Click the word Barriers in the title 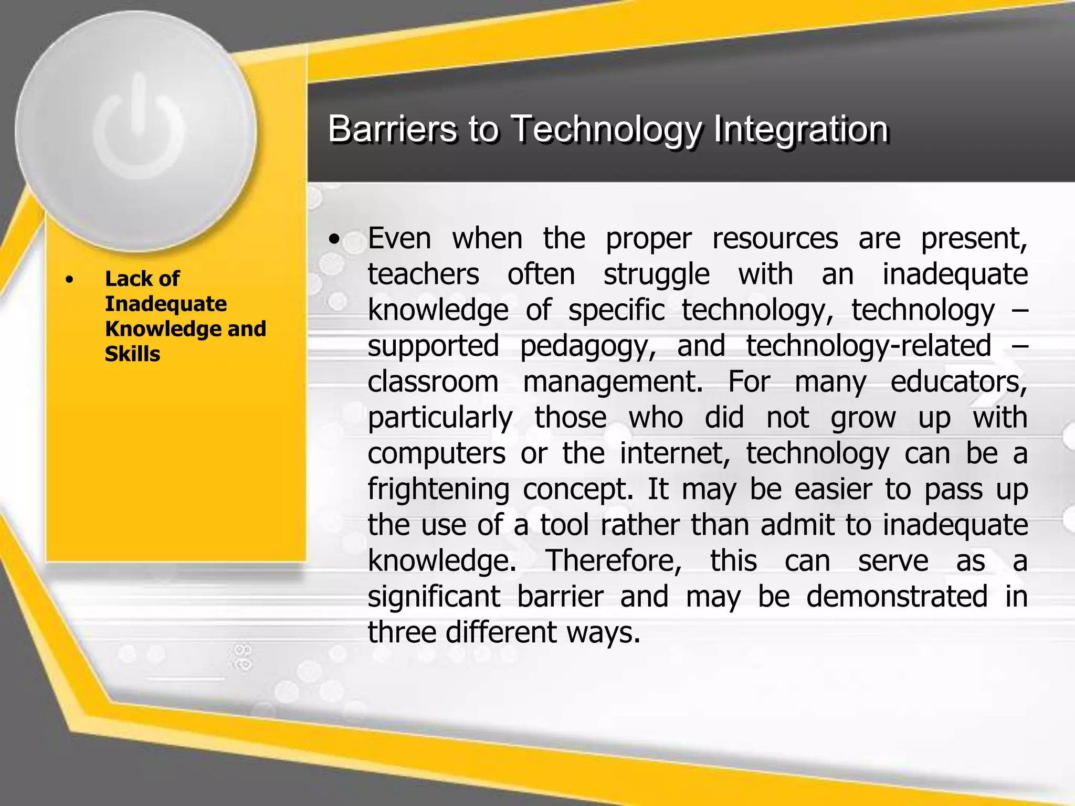pyautogui.click(x=392, y=129)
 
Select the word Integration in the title pyautogui.click(x=800, y=129)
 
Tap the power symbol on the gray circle pyautogui.click(x=139, y=131)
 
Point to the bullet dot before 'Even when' pyautogui.click(x=334, y=240)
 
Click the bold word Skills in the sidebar pyautogui.click(x=132, y=354)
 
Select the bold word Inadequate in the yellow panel pyautogui.click(x=166, y=304)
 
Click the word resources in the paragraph pyautogui.click(x=775, y=239)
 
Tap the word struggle pyautogui.click(x=656, y=275)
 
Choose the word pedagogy pyautogui.click(x=588, y=347)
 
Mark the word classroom pyautogui.click(x=433, y=382)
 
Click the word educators pyautogui.click(x=958, y=382)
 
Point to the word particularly pyautogui.click(x=440, y=418)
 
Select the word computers pyautogui.click(x=437, y=453)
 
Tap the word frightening pyautogui.click(x=438, y=490)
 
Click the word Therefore pyautogui.click(x=614, y=561)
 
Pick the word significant pyautogui.click(x=434, y=597)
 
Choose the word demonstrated pyautogui.click(x=897, y=597)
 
